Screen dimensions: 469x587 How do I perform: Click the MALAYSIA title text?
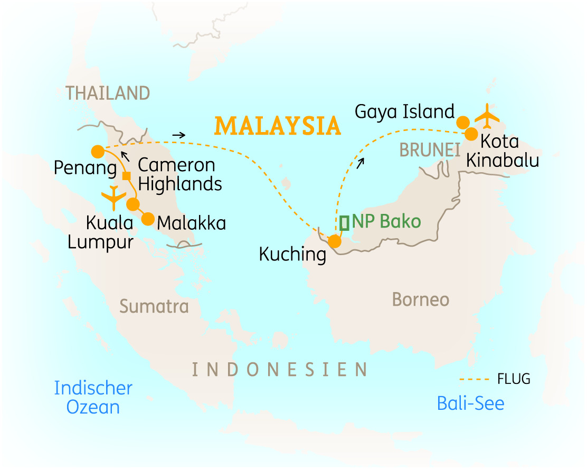click(277, 126)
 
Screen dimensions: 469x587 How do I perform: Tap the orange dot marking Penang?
click(97, 152)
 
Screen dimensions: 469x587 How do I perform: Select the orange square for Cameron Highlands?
click(127, 176)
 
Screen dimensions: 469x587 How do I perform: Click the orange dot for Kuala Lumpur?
click(133, 204)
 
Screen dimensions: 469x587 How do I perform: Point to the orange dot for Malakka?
click(148, 218)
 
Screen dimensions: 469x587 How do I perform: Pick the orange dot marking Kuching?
click(334, 242)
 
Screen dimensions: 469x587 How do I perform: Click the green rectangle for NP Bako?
click(345, 223)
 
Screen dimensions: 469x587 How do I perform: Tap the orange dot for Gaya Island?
click(462, 122)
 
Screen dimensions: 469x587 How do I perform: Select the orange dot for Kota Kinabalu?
click(471, 134)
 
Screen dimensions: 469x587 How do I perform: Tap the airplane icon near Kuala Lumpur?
click(114, 198)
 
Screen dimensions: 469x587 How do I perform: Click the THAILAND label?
click(108, 93)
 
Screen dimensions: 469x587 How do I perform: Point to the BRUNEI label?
click(429, 151)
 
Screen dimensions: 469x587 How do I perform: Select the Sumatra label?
click(154, 306)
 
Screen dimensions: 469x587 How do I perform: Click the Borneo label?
click(420, 300)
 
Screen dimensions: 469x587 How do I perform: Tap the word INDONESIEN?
click(279, 370)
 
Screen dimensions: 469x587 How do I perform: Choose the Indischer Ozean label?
click(93, 398)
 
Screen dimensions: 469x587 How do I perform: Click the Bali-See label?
click(470, 404)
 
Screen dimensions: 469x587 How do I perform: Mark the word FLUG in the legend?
click(513, 379)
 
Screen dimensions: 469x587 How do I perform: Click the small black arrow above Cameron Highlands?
click(125, 155)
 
